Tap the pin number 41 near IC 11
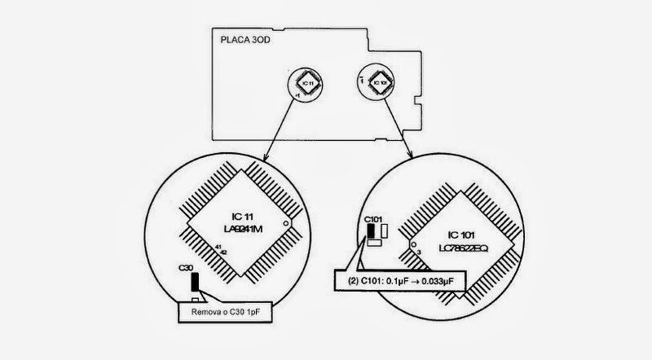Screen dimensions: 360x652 (218, 245)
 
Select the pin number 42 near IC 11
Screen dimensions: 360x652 (222, 252)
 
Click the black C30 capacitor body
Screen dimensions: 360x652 (194, 283)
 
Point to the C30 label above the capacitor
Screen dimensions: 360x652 (187, 266)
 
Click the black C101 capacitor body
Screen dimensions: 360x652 (372, 234)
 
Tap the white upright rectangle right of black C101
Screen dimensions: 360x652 (383, 233)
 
